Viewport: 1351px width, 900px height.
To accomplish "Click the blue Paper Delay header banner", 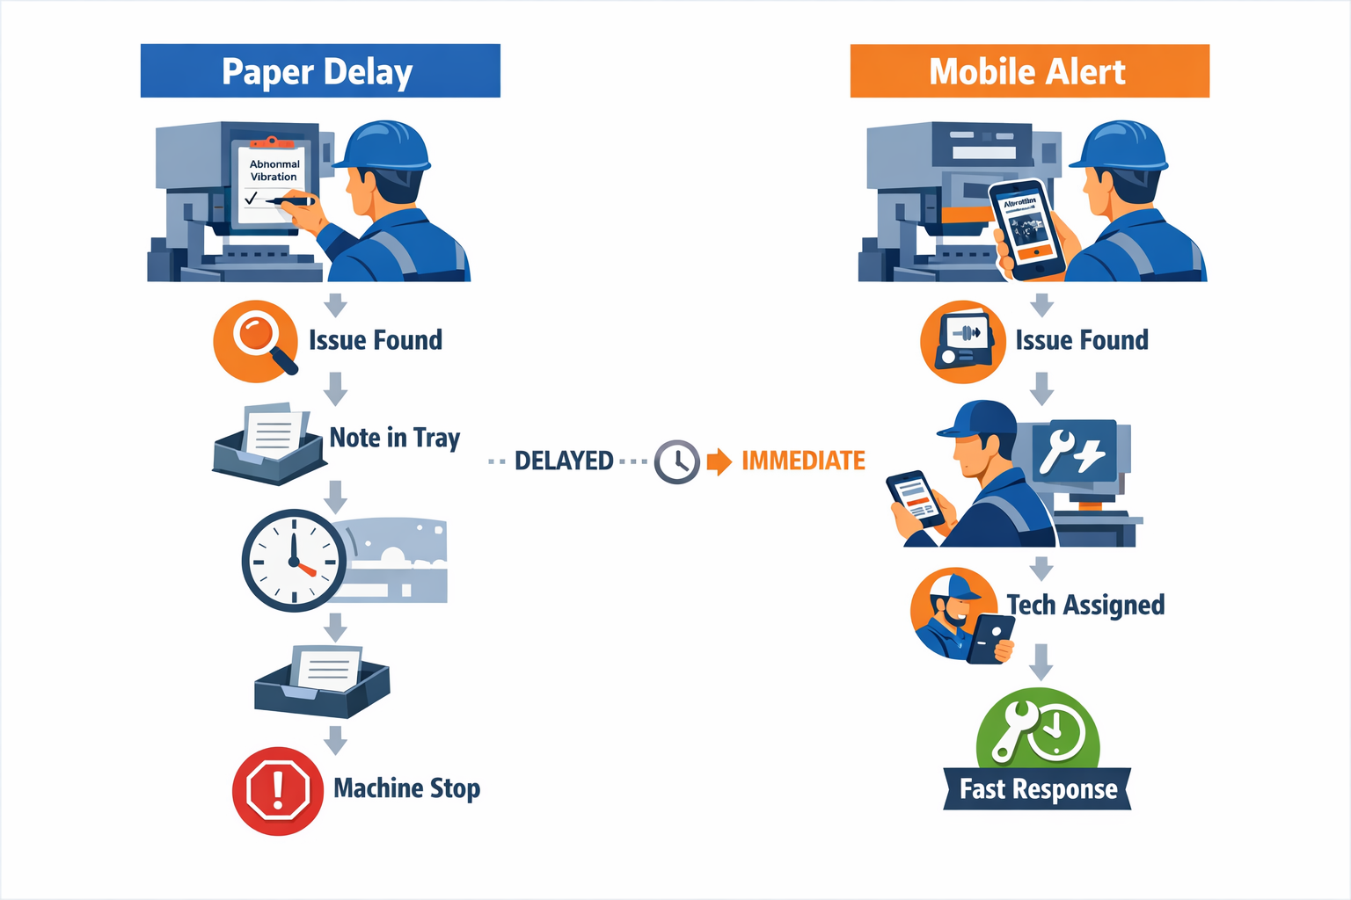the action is tap(320, 71).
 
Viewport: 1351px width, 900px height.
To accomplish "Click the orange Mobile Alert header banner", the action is tap(1029, 71).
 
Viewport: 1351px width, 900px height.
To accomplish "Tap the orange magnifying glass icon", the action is tap(256, 342).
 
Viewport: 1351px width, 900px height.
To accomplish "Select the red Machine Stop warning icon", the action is tap(277, 790).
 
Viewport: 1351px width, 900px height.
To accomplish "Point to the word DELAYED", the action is tap(564, 461).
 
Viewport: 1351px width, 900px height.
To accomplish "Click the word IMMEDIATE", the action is tap(803, 461).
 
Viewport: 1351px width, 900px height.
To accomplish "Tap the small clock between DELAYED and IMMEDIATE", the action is tap(676, 461).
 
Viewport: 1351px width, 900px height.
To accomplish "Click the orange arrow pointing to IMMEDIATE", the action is tap(719, 461).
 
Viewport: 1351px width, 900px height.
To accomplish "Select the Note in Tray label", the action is tap(395, 438).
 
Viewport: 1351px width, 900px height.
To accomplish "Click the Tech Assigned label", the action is tap(1085, 605).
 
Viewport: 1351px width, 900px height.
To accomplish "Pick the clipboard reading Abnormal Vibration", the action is tap(274, 180).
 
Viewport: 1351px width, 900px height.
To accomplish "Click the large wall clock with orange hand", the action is tap(294, 560).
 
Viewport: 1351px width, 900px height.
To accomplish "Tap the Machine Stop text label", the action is tap(406, 788).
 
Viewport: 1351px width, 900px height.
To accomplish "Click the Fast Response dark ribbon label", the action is tap(1038, 789).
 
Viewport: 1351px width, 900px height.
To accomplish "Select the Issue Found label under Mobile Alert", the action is tap(1082, 340).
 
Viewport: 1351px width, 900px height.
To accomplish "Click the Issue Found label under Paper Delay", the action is tap(376, 340).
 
